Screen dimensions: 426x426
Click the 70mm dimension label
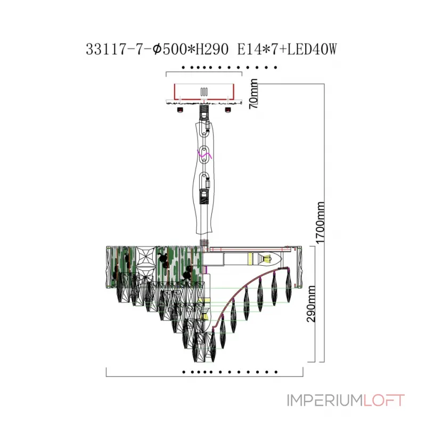[254, 94]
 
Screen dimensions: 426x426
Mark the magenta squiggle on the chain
[206, 155]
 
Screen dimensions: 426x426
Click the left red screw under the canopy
[179, 111]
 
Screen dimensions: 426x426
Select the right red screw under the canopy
[228, 111]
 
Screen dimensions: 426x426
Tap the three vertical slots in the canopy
[203, 92]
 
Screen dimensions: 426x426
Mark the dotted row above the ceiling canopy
[229, 68]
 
